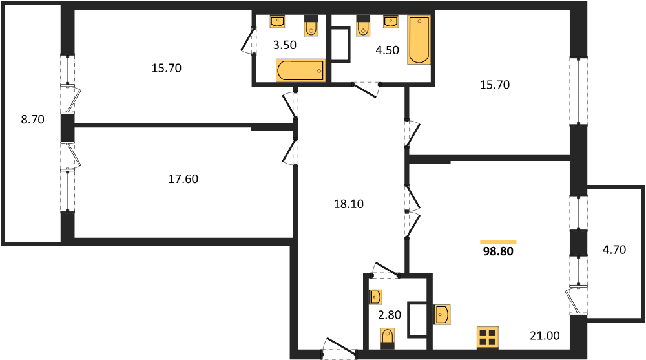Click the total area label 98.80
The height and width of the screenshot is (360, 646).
pos(498,251)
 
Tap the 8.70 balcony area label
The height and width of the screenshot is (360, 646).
pos(32,120)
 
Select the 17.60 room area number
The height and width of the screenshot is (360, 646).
pos(183,179)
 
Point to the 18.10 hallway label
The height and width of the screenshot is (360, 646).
pos(349,204)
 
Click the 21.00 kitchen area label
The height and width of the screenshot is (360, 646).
pos(545,335)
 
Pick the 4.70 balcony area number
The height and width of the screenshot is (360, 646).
pos(614,249)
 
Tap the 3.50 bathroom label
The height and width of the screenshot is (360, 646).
pos(285,45)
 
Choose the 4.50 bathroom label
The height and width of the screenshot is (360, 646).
pos(387,50)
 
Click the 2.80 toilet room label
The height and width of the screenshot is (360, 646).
pos(390,315)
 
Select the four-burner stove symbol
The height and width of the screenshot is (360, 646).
pos(488,337)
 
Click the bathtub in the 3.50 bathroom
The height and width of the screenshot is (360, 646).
pos(300,70)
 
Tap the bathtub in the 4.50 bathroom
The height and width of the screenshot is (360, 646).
pos(419,40)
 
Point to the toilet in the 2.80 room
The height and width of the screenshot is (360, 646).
pos(387,338)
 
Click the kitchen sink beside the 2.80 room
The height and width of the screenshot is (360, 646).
pos(441,315)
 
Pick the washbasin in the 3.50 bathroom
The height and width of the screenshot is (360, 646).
pos(277,21)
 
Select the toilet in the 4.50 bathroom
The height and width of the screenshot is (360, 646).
pos(363,26)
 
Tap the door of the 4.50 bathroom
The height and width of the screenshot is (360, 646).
pos(366,89)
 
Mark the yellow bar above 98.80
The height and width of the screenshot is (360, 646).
pos(498,242)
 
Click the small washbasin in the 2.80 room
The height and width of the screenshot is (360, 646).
pos(375,297)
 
